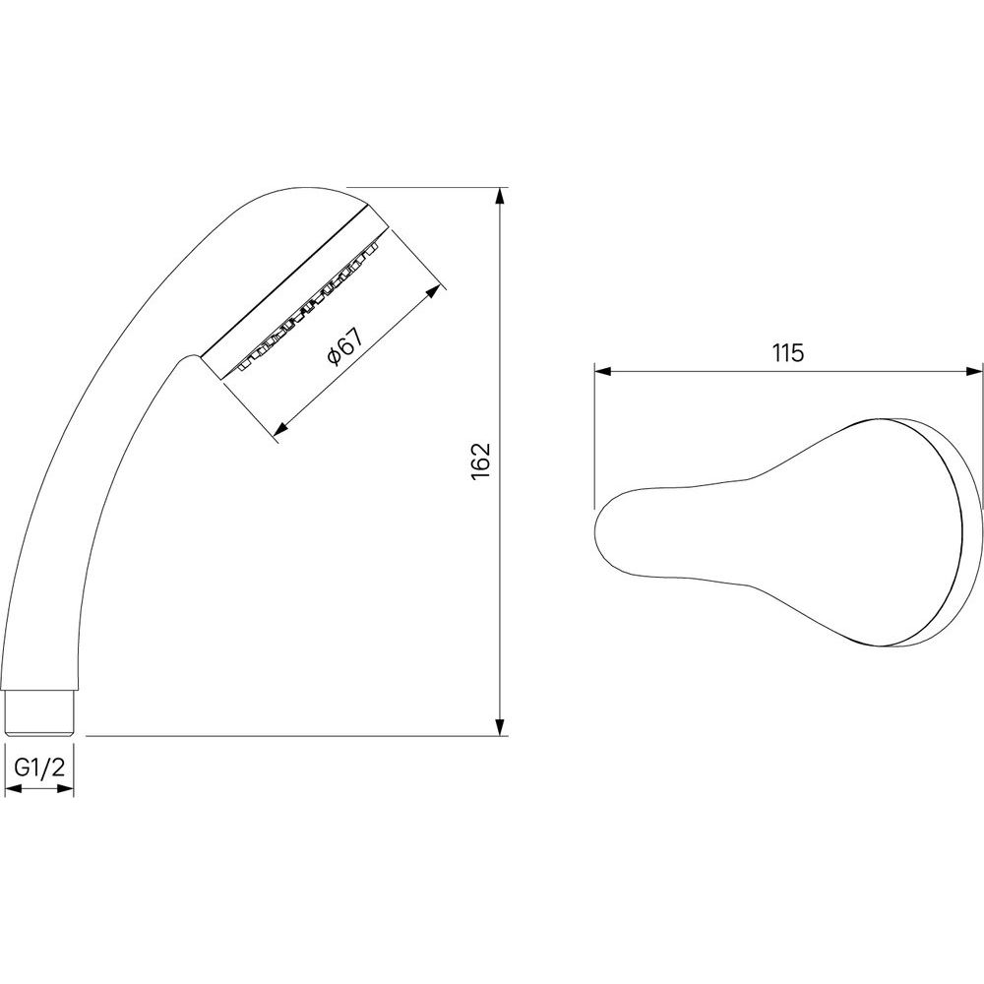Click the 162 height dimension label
[481, 461]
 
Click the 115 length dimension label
[788, 353]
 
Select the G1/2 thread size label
[39, 768]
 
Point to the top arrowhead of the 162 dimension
[500, 196]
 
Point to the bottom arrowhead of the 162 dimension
[500, 727]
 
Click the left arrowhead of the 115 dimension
[603, 372]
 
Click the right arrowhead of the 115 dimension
[974, 372]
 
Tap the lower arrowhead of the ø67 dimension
[281, 430]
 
